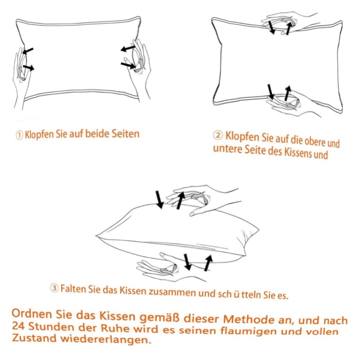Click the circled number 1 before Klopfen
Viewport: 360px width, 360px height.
pyautogui.click(x=19, y=135)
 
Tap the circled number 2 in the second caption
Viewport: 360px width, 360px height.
pyautogui.click(x=218, y=135)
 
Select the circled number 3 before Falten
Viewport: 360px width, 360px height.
pyautogui.click(x=54, y=288)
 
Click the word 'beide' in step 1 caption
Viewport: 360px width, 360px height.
pyautogui.click(x=97, y=134)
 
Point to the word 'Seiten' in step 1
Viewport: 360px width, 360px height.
pyautogui.click(x=126, y=134)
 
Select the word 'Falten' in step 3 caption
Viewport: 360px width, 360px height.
pyautogui.click(x=73, y=288)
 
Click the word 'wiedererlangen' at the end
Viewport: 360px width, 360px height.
pyautogui.click(x=106, y=339)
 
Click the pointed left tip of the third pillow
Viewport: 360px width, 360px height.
pyautogui.click(x=96, y=235)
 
